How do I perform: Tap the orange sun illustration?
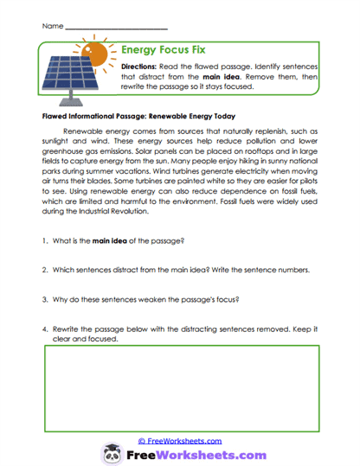point(95,51)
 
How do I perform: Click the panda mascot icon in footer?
point(112,454)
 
